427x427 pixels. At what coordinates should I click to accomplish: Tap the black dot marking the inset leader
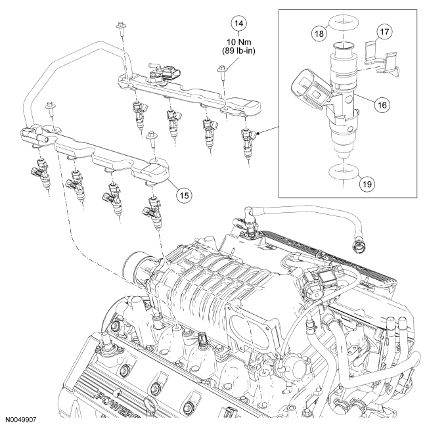(x=261, y=134)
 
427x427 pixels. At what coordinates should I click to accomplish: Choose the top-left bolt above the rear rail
(x=120, y=28)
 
